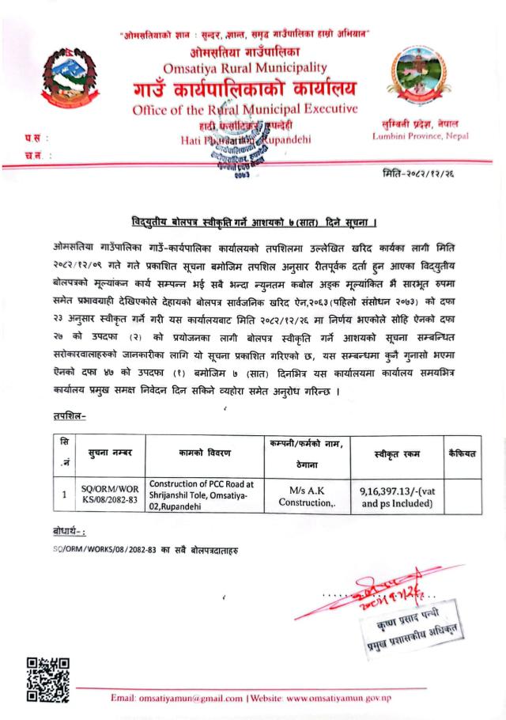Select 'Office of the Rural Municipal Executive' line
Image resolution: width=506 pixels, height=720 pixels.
pos(245,108)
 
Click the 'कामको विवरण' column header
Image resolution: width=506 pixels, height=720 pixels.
pos(205,453)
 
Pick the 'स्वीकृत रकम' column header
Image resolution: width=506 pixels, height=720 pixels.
pos(397,453)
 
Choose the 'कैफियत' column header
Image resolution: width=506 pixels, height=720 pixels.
pos(463,452)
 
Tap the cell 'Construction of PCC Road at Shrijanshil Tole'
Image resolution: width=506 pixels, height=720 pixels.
pos(205,495)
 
